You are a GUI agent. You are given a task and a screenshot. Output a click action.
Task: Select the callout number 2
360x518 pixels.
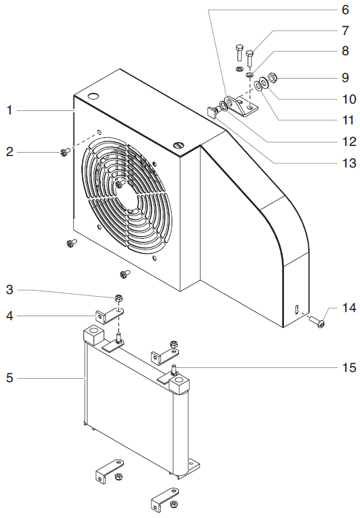9,153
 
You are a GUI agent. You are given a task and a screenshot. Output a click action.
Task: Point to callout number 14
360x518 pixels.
348,309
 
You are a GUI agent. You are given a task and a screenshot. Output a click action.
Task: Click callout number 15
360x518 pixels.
348,367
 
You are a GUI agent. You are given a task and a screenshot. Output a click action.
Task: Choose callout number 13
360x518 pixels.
347,162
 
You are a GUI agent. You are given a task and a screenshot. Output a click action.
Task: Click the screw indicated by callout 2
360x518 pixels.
64,153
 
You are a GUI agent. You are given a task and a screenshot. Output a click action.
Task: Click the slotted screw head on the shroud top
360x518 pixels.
179,143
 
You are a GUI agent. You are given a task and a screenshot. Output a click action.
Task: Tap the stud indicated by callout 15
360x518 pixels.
174,369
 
